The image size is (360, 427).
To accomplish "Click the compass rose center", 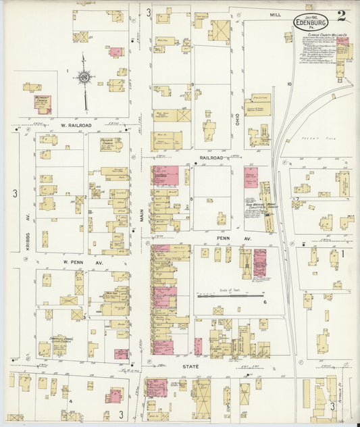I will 84,78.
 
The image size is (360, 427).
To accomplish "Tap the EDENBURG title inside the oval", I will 311,23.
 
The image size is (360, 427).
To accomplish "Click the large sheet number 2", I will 342,16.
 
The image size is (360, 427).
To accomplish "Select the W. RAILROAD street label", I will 76,125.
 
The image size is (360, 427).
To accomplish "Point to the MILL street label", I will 275,14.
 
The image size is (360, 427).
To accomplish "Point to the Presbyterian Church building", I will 111,144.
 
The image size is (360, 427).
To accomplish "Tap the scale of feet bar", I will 230,295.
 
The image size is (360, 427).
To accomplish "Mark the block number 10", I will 288,84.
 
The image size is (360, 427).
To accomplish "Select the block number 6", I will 265,302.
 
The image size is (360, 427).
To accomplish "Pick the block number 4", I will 70,401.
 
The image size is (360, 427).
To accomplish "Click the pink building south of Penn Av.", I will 259,262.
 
